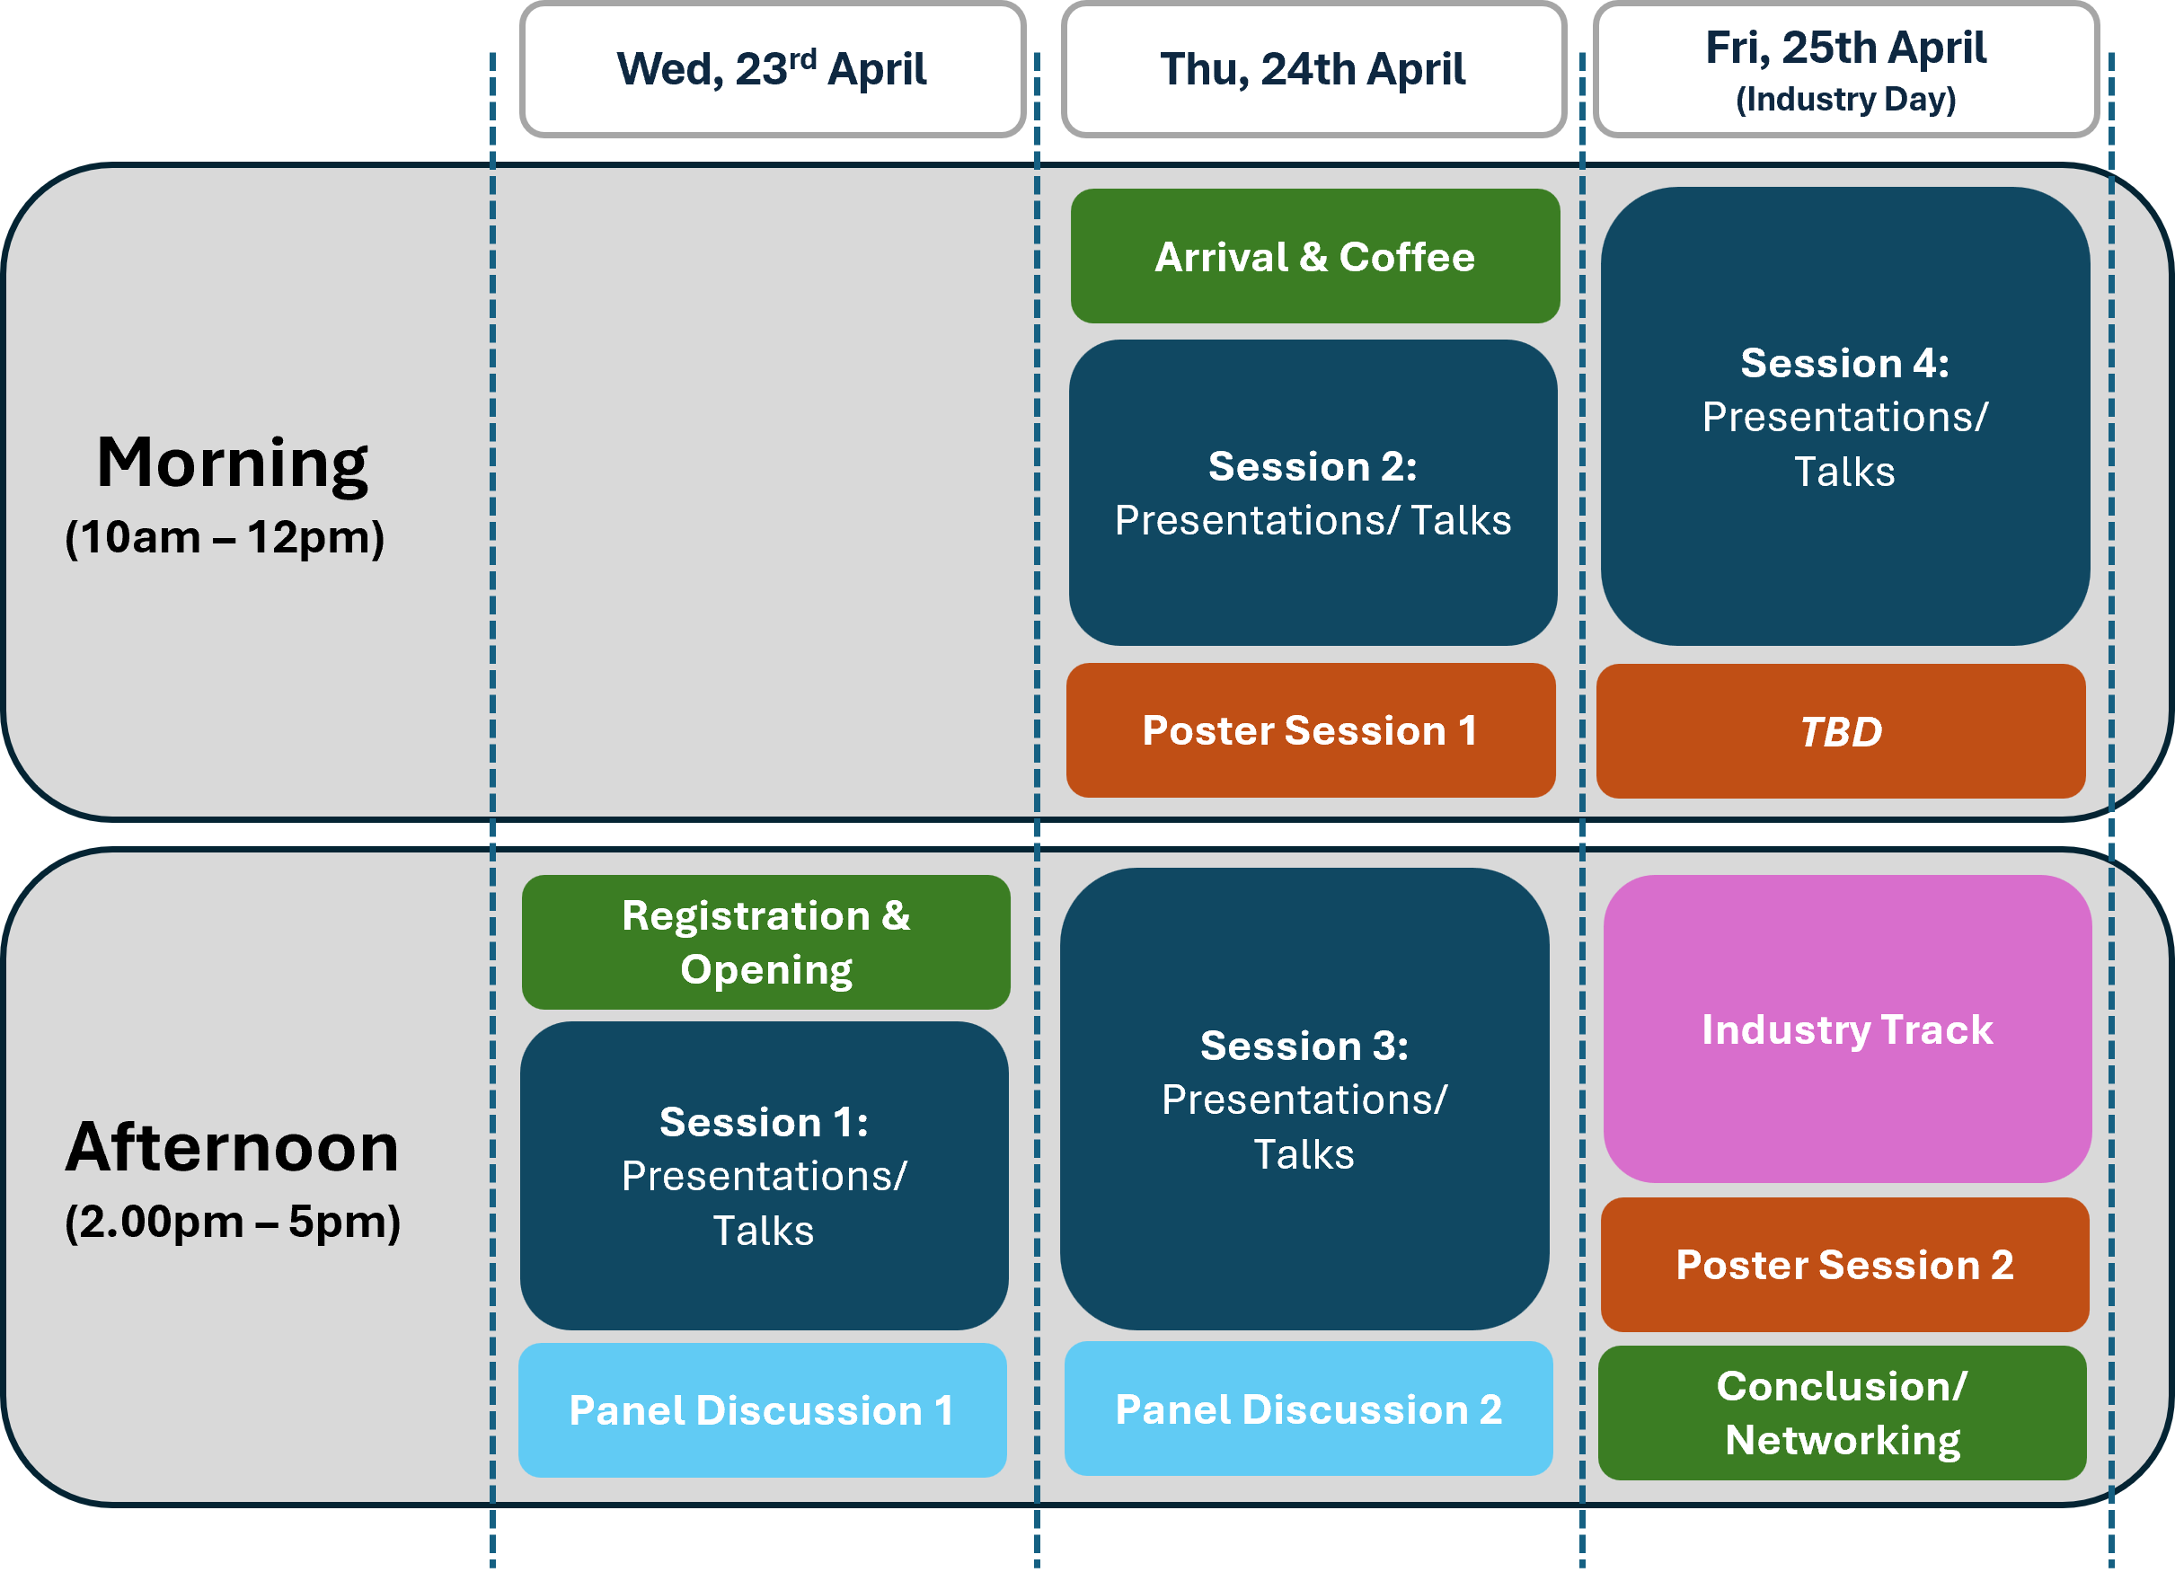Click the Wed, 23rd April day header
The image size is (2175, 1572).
773,69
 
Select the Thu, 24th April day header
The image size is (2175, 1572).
1313,69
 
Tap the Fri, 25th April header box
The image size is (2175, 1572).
1846,69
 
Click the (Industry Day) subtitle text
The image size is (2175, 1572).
1846,99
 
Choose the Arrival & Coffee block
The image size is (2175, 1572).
1314,256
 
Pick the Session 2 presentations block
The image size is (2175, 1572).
1313,493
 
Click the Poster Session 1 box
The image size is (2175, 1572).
1311,730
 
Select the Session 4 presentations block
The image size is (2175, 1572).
1845,416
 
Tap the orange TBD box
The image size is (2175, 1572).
1842,731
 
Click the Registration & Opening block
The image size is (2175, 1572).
765,942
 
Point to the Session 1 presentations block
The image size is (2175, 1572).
765,1176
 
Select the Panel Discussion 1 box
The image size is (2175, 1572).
763,1410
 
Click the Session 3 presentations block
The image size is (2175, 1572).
1304,1100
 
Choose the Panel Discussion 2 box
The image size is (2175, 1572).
1308,1409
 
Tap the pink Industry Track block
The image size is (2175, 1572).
1847,1029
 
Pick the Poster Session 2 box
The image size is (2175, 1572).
1844,1265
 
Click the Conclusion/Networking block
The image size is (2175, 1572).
1843,1413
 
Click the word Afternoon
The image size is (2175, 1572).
232,1147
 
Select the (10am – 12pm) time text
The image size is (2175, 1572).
225,538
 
